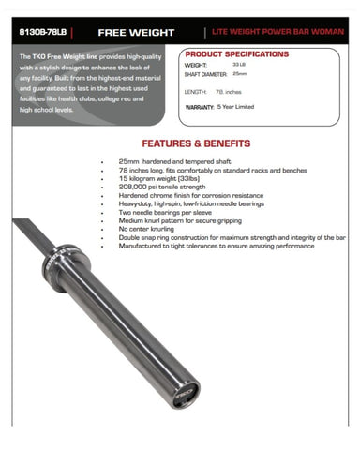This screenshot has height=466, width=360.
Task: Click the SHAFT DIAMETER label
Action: tap(204, 75)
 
